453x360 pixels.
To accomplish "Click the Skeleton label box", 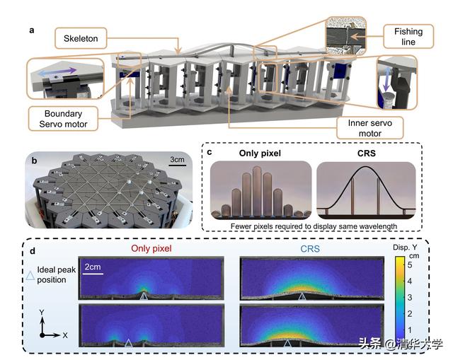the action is coord(81,38).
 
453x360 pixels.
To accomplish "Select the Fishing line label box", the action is coord(408,36).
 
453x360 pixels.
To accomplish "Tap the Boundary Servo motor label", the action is coord(63,119).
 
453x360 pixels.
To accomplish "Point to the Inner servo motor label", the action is coord(369,128).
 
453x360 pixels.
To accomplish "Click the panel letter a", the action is coord(32,30).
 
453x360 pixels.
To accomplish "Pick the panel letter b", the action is coord(35,161).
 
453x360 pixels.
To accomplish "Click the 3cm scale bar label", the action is coord(177,159).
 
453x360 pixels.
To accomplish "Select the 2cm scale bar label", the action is coord(93,267).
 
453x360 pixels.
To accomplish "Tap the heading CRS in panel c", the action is coord(367,153).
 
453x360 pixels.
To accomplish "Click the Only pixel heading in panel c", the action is coord(260,153).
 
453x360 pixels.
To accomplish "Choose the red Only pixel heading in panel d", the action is coord(151,248).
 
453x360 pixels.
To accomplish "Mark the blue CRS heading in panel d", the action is coord(310,249).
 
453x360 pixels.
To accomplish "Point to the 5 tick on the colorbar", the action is coord(410,265).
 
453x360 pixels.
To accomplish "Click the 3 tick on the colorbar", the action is coord(410,297).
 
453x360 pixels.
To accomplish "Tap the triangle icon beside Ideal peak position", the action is coord(30,275).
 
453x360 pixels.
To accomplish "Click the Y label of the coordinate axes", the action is coord(42,313).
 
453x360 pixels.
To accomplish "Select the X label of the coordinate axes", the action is coord(65,335).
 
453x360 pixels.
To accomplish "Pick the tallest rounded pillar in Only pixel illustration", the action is coord(257,190).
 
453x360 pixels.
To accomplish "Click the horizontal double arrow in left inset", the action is coord(57,72).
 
